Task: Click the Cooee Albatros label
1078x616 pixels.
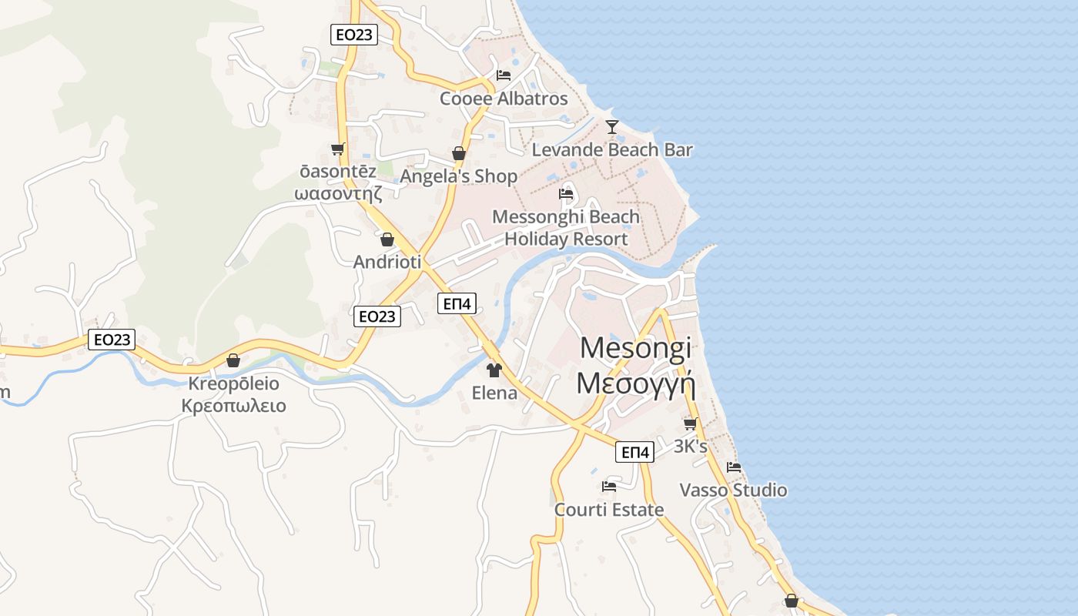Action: tap(504, 99)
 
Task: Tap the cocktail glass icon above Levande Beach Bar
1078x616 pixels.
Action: tap(612, 127)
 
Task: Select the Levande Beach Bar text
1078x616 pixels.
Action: tap(612, 150)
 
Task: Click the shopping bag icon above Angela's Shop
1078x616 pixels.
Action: tap(459, 153)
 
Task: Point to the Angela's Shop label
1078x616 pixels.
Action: tap(459, 176)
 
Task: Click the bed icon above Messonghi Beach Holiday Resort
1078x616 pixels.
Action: tap(567, 193)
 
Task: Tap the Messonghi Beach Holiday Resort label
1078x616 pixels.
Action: tap(566, 228)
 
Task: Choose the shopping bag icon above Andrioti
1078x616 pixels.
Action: tap(387, 239)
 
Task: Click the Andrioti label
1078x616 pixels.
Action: tap(387, 262)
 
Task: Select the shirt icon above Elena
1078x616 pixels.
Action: tap(494, 370)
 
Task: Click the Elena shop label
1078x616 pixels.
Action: tap(494, 393)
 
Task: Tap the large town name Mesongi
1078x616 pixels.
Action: tap(635, 348)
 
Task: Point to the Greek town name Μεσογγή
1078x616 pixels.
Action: tap(635, 383)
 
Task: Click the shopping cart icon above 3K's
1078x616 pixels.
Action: tap(690, 423)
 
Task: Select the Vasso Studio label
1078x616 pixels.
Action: tap(733, 490)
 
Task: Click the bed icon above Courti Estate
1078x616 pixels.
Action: tap(609, 487)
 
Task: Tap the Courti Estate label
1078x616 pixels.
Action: tap(609, 510)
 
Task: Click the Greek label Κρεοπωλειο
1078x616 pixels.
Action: tap(233, 406)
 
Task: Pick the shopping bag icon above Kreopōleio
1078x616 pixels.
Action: tap(233, 360)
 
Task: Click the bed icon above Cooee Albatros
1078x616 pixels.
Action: tap(504, 75)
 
